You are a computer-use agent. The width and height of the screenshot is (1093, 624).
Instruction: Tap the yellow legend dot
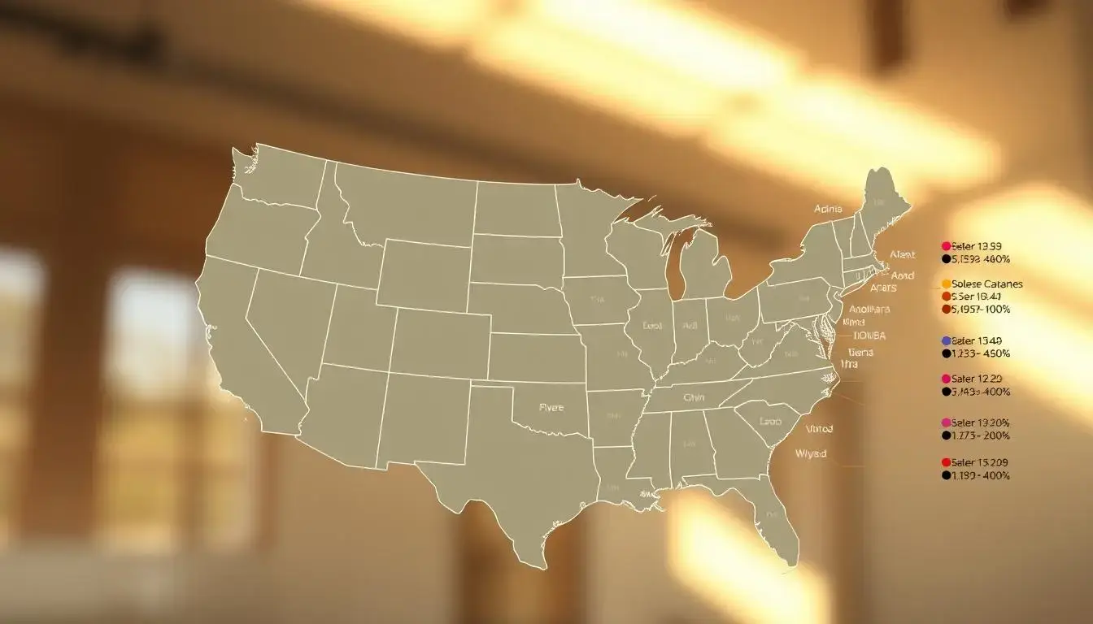[946, 284]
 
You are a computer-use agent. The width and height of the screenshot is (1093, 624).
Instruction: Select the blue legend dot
[946, 341]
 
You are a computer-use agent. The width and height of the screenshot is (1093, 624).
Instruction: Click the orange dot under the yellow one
[946, 297]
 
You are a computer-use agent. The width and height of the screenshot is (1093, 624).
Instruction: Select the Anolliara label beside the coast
[869, 309]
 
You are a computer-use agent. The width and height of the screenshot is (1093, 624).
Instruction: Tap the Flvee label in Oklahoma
[551, 408]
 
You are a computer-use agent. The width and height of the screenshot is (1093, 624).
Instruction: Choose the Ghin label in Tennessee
[694, 398]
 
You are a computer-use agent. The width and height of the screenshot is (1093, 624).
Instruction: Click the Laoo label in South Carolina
[769, 422]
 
